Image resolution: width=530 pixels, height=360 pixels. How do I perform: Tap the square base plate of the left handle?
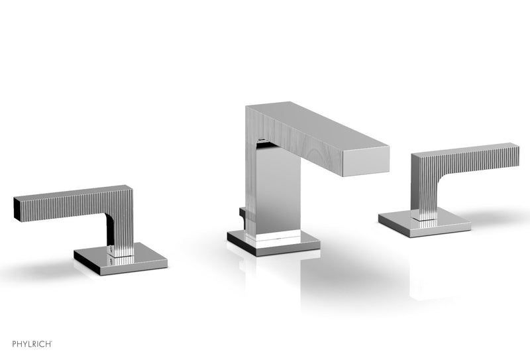click(x=120, y=259)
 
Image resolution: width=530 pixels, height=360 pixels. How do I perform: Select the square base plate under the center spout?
click(x=273, y=242)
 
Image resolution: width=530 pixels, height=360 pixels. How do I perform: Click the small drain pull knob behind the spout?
click(x=240, y=216)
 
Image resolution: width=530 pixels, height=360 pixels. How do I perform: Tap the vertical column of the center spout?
click(x=272, y=192)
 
